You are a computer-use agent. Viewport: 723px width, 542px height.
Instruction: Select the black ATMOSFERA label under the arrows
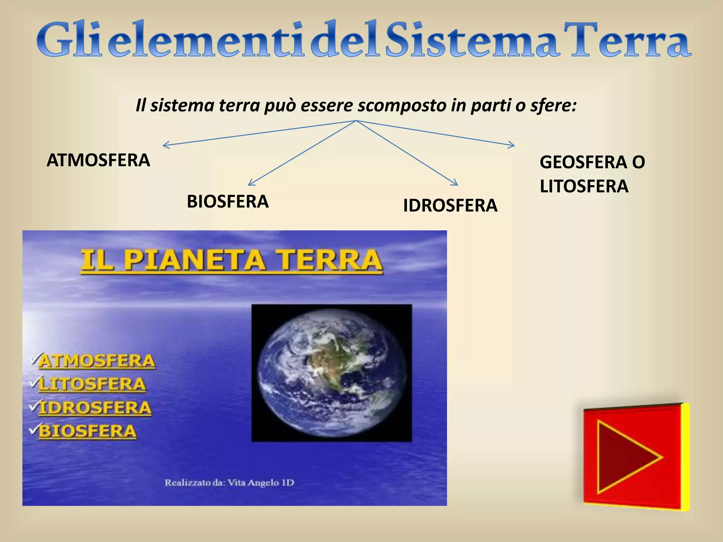pyautogui.click(x=98, y=161)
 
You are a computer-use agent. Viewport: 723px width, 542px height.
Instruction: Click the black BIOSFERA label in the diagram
pyautogui.click(x=228, y=202)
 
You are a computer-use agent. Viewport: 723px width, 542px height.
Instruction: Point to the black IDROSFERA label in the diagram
pyautogui.click(x=450, y=206)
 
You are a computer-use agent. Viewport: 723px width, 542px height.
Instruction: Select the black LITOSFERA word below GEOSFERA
pyautogui.click(x=584, y=186)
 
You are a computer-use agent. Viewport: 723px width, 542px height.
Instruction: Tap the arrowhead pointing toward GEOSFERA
pyautogui.click(x=513, y=145)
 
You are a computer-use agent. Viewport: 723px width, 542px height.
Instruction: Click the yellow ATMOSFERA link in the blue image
pyautogui.click(x=97, y=361)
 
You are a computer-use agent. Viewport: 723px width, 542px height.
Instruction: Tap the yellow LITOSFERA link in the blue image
pyautogui.click(x=92, y=384)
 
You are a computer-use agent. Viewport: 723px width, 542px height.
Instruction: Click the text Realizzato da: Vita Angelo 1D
pyautogui.click(x=229, y=483)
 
